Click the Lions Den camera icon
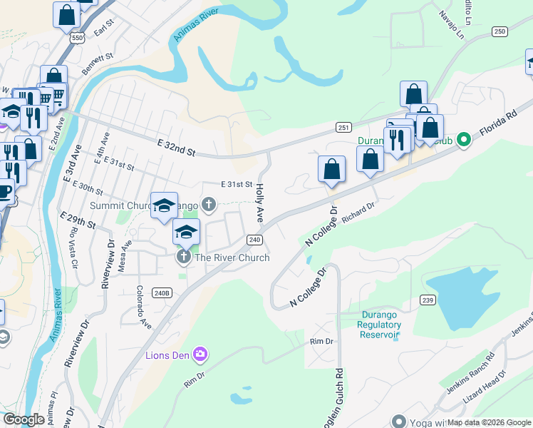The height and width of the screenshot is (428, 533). tap(200, 354)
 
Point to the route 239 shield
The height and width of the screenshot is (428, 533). tap(428, 300)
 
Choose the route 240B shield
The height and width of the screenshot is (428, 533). tap(162, 293)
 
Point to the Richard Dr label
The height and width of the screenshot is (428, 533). tap(358, 213)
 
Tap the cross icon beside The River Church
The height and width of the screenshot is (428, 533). tap(183, 257)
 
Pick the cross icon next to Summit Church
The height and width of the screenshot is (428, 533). tap(209, 205)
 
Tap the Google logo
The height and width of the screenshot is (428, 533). tap(24, 419)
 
